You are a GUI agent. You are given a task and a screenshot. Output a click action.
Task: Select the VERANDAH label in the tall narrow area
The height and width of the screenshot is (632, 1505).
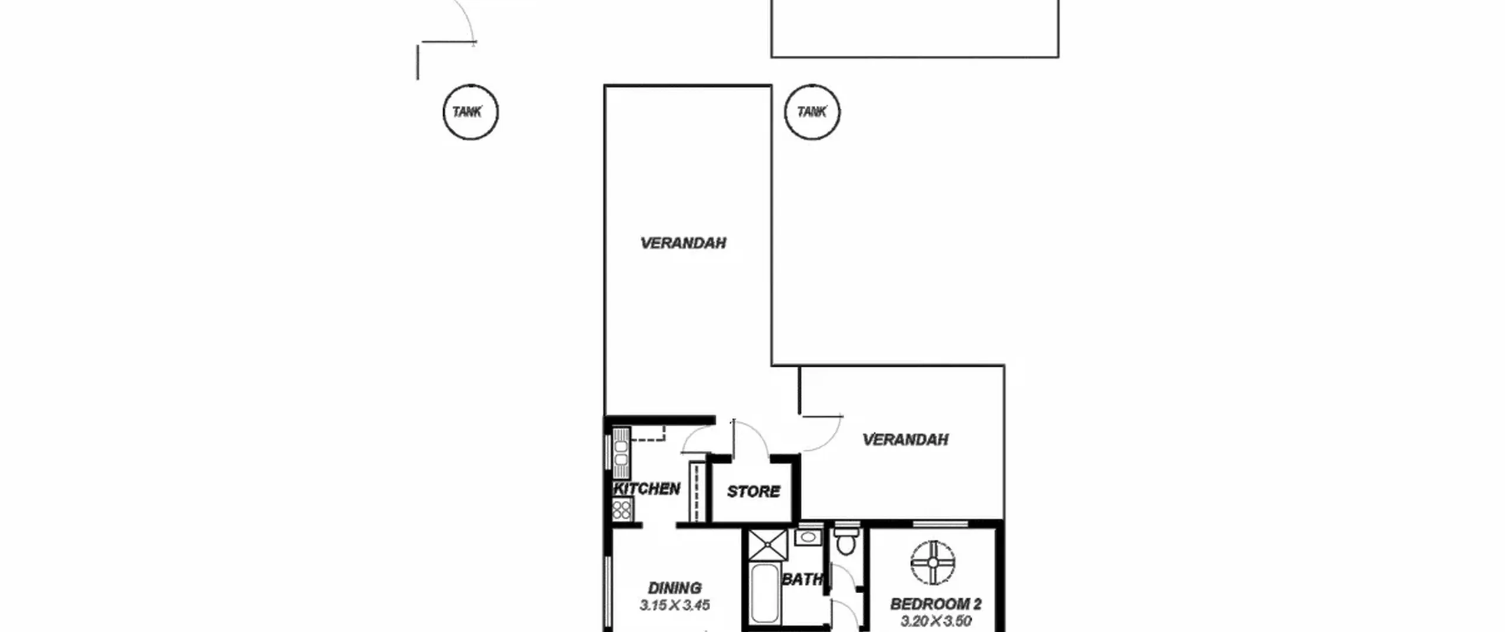click(x=683, y=243)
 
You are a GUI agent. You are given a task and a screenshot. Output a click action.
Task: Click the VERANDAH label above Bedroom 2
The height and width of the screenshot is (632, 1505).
click(x=905, y=440)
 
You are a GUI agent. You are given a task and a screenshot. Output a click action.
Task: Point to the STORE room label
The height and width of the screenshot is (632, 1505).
click(x=754, y=491)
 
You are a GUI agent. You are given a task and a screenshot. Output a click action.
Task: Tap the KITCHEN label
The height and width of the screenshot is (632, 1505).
click(x=647, y=489)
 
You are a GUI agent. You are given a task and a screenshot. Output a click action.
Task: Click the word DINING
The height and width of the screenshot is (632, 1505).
click(x=675, y=588)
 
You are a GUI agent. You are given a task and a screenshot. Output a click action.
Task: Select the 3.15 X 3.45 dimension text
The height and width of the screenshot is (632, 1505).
click(x=675, y=605)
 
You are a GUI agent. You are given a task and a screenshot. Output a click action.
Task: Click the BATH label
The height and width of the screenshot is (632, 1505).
click(x=802, y=580)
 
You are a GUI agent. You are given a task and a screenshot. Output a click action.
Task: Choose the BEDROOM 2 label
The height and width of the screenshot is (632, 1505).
click(x=936, y=604)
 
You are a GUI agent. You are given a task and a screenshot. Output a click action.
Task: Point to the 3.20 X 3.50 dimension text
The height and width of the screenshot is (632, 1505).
click(x=936, y=621)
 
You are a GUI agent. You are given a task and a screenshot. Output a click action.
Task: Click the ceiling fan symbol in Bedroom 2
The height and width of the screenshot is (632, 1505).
click(x=933, y=563)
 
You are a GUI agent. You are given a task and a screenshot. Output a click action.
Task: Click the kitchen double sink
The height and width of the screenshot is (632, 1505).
click(x=621, y=453)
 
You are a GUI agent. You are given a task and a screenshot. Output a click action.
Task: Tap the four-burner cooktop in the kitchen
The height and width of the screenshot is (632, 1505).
click(x=622, y=510)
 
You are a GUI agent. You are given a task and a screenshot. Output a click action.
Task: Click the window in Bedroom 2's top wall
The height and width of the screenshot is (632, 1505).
click(x=941, y=524)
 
